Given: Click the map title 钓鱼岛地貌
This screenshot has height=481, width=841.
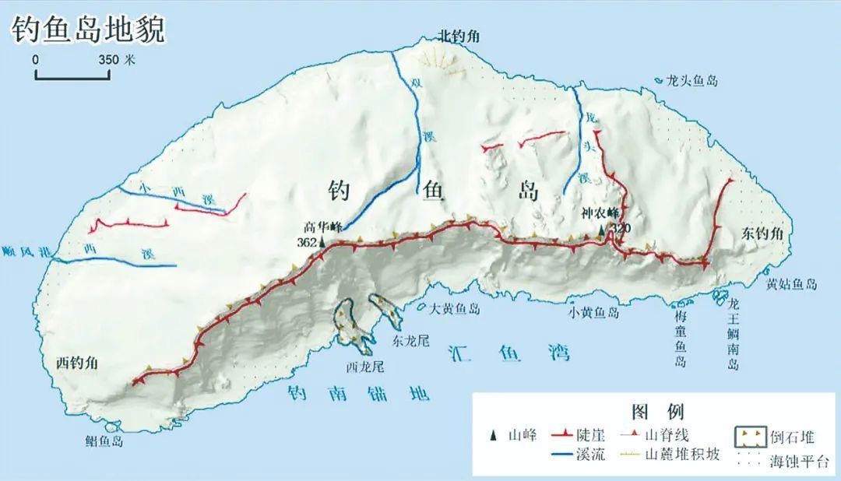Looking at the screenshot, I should [87, 29].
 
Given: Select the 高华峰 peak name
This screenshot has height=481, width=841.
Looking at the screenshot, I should [325, 227].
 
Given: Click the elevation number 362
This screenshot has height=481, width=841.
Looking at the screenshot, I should [307, 243].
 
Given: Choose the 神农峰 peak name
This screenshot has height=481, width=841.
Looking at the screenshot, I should [600, 212].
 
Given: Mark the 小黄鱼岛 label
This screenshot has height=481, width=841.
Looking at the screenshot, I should [593, 313].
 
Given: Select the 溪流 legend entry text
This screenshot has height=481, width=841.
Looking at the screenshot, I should [589, 455].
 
